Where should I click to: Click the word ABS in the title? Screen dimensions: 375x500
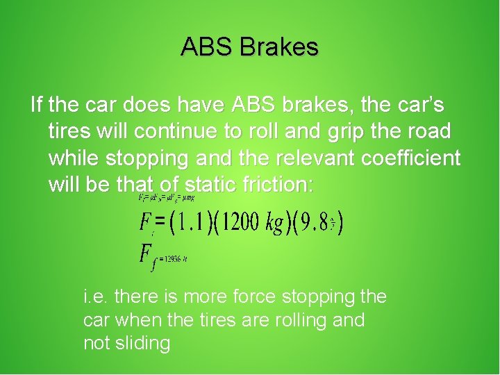coord(206,47)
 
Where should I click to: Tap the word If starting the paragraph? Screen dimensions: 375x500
coord(37,105)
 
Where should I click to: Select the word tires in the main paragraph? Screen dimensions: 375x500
coord(69,131)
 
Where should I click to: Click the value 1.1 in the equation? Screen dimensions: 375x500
coord(192,223)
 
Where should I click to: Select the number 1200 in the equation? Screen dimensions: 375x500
coord(240,223)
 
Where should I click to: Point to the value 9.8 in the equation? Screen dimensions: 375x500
coord(315,223)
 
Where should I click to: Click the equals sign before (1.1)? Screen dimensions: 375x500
coord(161,222)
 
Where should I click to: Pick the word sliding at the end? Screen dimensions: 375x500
coord(143,343)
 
